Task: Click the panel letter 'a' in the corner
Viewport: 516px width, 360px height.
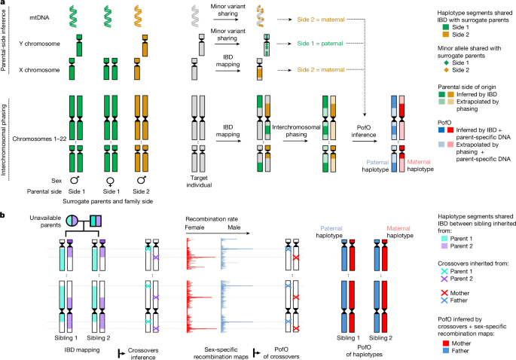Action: (4, 5)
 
